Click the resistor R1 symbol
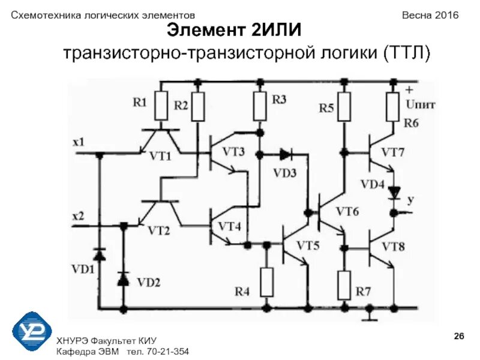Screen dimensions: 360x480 pyautogui.click(x=161, y=106)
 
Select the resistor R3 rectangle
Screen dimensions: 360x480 pyautogui.click(x=260, y=106)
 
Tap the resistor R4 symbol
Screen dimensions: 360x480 pyautogui.click(x=267, y=282)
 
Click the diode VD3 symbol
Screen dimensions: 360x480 pyautogui.click(x=285, y=155)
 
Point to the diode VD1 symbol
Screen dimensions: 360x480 pyautogui.click(x=100, y=255)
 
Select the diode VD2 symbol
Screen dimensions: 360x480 pyautogui.click(x=124, y=278)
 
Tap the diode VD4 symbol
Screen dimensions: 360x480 pyautogui.click(x=394, y=193)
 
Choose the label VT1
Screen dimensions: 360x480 pyautogui.click(x=160, y=156)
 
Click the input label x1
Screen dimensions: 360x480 pyautogui.click(x=79, y=143)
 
